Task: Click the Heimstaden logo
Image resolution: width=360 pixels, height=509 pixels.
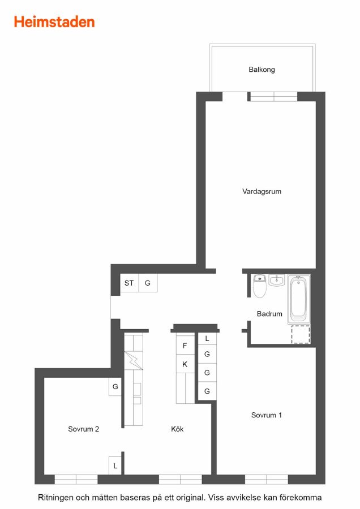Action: tap(54, 22)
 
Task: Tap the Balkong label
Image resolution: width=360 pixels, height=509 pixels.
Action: tap(262, 70)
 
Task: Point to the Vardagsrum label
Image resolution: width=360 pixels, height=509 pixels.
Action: tap(262, 191)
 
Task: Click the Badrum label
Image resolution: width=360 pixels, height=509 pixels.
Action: tap(269, 313)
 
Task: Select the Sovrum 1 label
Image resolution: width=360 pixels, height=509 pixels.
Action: tap(267, 415)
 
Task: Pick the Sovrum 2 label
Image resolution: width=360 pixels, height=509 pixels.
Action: tap(84, 429)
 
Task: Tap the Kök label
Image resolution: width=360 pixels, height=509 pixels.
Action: tap(177, 429)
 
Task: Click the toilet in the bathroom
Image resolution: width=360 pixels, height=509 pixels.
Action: tap(260, 286)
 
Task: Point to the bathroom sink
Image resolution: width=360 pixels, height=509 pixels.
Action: tap(277, 280)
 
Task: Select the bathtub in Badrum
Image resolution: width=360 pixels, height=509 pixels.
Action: tap(299, 299)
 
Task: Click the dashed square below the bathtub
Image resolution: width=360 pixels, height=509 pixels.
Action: tap(301, 334)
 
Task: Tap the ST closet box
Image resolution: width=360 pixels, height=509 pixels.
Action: tap(129, 283)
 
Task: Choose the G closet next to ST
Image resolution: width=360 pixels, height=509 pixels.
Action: tap(148, 283)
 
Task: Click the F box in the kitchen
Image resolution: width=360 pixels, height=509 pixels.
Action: tap(185, 346)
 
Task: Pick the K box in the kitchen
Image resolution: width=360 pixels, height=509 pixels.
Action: tap(185, 364)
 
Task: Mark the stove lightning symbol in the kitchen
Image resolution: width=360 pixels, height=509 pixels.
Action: tap(134, 360)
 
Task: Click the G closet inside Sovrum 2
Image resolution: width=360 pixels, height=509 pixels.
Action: tap(115, 387)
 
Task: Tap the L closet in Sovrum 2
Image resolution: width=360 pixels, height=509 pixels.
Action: tap(115, 466)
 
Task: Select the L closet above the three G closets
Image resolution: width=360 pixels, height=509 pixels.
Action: tap(207, 339)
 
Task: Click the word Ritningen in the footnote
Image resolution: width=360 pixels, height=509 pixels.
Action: tap(55, 498)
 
